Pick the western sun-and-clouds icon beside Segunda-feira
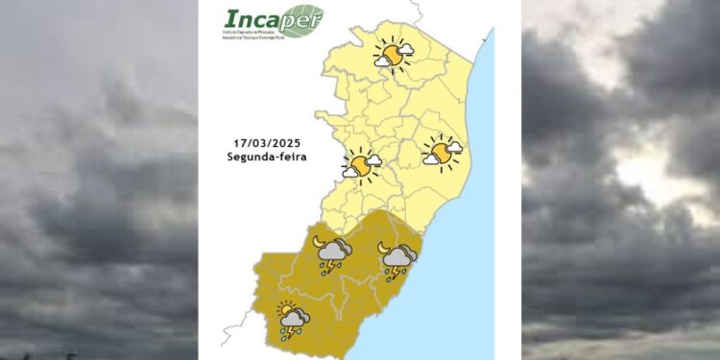[362, 165]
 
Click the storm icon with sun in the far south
[292, 319]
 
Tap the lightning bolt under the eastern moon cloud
[394, 274]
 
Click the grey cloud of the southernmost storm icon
[296, 317]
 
